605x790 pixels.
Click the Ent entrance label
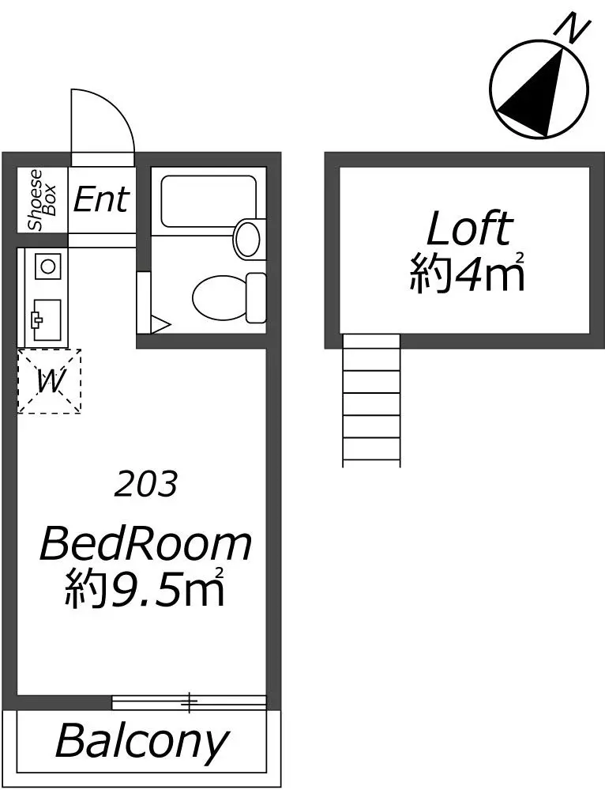pyautogui.click(x=101, y=199)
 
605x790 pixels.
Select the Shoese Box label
pyautogui.click(x=43, y=199)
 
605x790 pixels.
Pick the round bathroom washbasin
pyautogui.click(x=248, y=240)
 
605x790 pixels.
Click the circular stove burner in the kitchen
pyautogui.click(x=48, y=266)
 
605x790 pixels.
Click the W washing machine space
pyautogui.click(x=49, y=381)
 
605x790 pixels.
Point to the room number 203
pyautogui.click(x=146, y=484)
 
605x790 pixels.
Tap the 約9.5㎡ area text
pyautogui.click(x=144, y=588)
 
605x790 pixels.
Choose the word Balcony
pyautogui.click(x=142, y=742)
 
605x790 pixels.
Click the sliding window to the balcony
pyautogui.click(x=189, y=701)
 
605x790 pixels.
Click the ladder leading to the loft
pyautogui.click(x=371, y=400)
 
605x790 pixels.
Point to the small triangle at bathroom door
pyautogui.click(x=160, y=324)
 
